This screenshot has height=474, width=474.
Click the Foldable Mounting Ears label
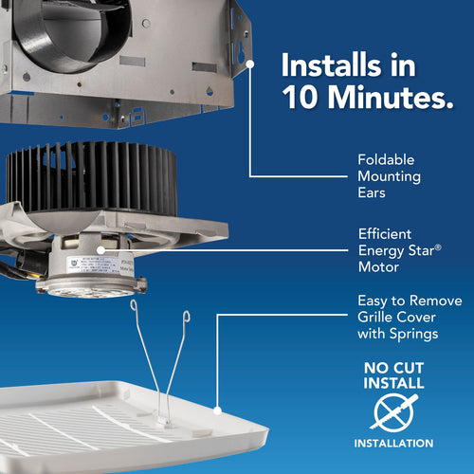tap(389, 177)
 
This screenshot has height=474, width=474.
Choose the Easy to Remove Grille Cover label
tap(409, 318)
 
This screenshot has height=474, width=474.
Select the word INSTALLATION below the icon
tap(393, 443)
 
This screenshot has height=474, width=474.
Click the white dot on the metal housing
tap(250, 64)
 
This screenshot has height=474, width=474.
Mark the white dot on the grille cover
tap(218, 411)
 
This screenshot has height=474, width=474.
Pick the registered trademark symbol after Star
tap(440, 244)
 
